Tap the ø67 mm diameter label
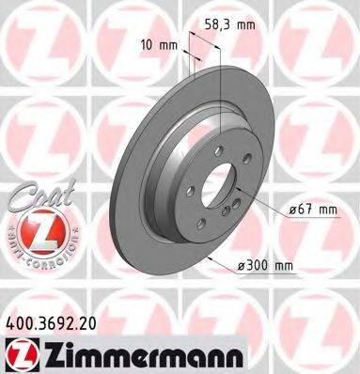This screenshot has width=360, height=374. tap(311, 209)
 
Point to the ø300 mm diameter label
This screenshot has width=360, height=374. tap(265, 266)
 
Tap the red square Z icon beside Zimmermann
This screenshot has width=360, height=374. tap(18, 352)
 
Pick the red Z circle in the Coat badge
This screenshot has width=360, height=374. tap(37, 230)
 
